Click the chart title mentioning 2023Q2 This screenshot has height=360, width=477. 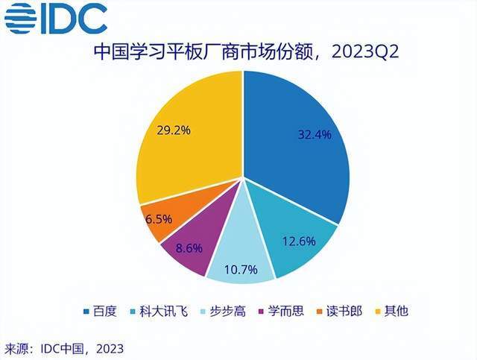click(x=238, y=54)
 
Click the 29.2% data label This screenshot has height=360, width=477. click(x=174, y=130)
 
